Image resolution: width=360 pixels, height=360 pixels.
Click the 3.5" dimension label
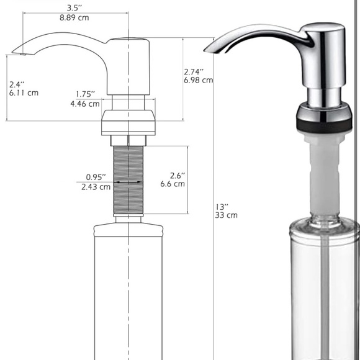click(x=74, y=8)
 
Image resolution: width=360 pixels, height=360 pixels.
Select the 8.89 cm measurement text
click(x=74, y=17)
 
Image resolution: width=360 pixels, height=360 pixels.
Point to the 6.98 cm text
click(x=199, y=80)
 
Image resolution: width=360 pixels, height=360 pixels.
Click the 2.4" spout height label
click(x=17, y=84)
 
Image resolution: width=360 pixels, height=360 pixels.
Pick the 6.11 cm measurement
click(x=24, y=93)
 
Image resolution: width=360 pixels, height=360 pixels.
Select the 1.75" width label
click(x=85, y=94)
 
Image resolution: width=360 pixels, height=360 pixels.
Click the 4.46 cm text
click(x=84, y=104)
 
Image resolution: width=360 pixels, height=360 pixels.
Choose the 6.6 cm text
click(x=172, y=184)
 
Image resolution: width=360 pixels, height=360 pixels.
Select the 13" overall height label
click(x=222, y=206)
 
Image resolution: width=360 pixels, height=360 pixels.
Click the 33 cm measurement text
click(x=227, y=215)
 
